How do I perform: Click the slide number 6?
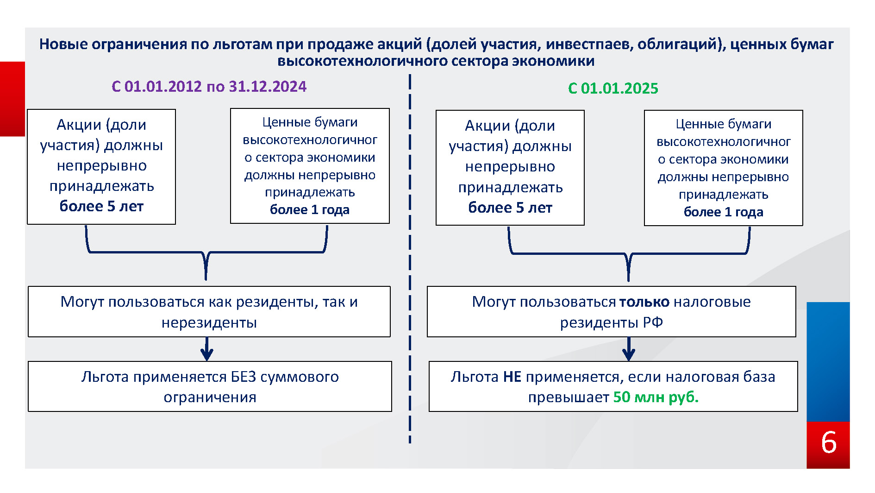[828, 442]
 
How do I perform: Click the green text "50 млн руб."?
[656, 397]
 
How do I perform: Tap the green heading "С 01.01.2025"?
[613, 88]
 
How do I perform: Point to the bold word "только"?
[644, 302]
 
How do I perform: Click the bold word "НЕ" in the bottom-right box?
[512, 377]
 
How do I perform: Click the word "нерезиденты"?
[209, 322]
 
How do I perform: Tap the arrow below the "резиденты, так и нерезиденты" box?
[207, 349]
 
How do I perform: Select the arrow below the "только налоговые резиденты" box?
[628, 349]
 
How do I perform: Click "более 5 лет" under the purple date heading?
[101, 206]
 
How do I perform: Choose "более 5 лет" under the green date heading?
[510, 208]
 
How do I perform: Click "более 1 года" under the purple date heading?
[310, 210]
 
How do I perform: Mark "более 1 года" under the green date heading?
[723, 212]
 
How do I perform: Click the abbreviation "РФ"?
[653, 322]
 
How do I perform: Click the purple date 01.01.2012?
[163, 87]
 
